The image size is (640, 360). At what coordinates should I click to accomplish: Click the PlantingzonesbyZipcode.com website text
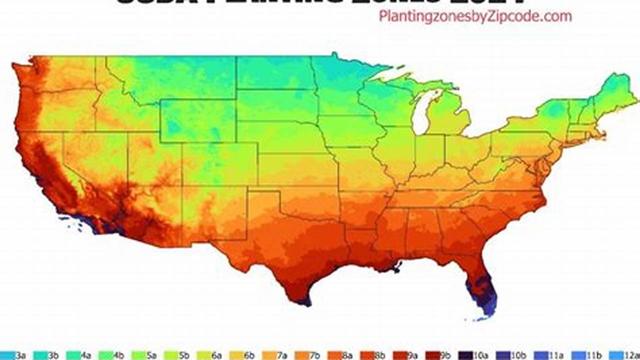tap(475, 16)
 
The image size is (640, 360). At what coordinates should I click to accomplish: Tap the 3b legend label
tap(53, 355)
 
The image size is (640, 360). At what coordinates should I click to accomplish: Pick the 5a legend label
tap(152, 355)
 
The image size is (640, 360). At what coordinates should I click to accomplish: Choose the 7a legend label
tap(282, 355)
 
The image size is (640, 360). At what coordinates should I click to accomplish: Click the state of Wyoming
tap(197, 120)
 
